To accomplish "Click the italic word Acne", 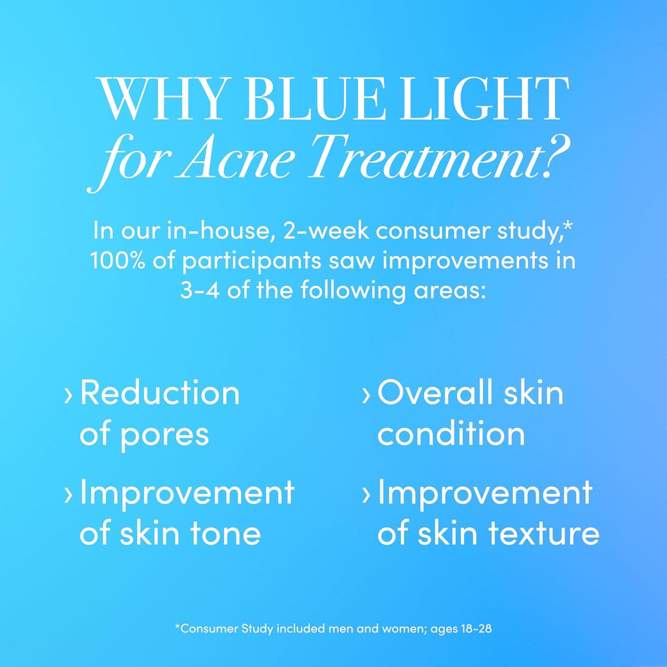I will (x=236, y=157).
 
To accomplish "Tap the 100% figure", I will (x=117, y=260).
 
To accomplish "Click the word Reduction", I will (x=160, y=393).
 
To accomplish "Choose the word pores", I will (x=164, y=435).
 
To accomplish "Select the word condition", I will (x=451, y=434).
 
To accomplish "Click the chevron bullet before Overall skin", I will (x=366, y=395).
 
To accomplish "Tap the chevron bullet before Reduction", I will (x=68, y=395).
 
